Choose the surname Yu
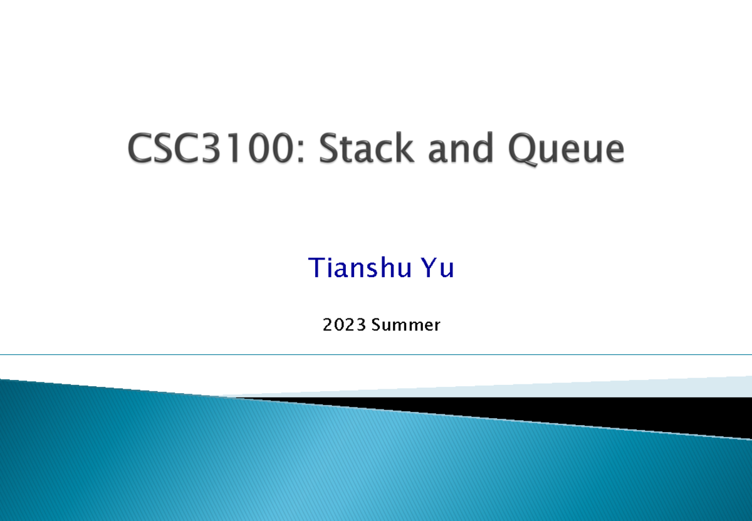pyautogui.click(x=437, y=268)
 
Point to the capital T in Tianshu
pyautogui.click(x=316, y=268)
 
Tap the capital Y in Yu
pyautogui.click(x=429, y=268)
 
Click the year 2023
pyautogui.click(x=344, y=325)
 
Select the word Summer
pyautogui.click(x=405, y=325)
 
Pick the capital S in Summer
pyautogui.click(x=376, y=325)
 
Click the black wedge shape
pyautogui.click(x=627, y=411)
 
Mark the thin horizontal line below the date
pyautogui.click(x=376, y=355)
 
